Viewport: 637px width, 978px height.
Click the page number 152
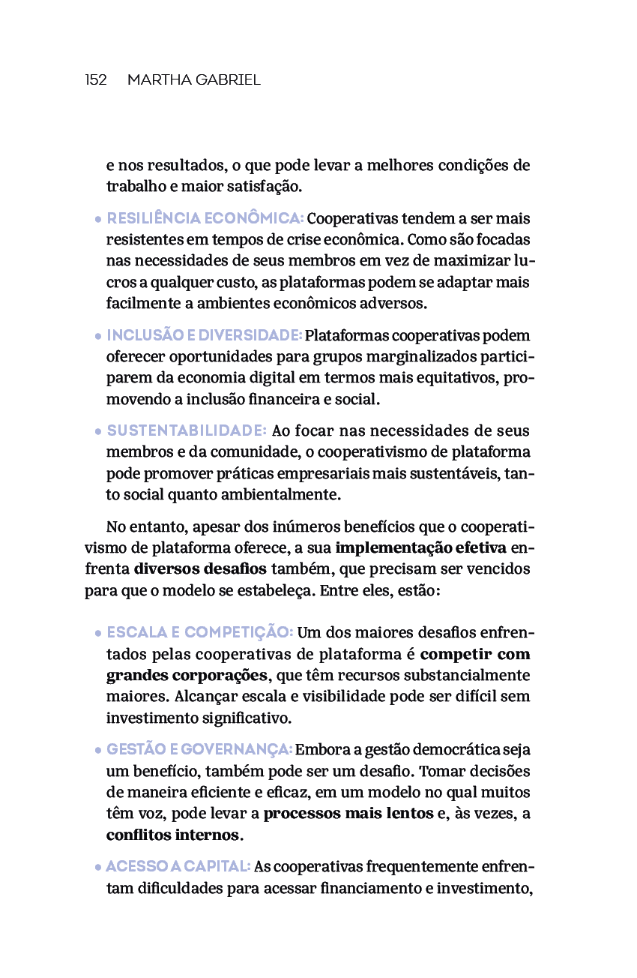pos(96,79)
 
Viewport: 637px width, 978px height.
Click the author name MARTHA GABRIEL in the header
pos(193,79)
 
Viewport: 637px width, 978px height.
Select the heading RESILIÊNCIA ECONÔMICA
pos(205,219)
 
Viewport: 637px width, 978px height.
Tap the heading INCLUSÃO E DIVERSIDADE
pos(204,335)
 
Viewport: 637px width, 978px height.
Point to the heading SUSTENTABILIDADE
pos(187,431)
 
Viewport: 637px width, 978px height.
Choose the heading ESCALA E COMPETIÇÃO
pos(200,633)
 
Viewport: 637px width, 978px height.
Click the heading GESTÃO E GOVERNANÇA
pos(199,750)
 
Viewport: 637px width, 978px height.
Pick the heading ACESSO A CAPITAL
pos(178,867)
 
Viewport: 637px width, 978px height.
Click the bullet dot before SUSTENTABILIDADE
pos(98,433)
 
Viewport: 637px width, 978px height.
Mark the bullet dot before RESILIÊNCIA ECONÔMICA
pos(98,220)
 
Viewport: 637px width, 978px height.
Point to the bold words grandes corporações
pos(187,675)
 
